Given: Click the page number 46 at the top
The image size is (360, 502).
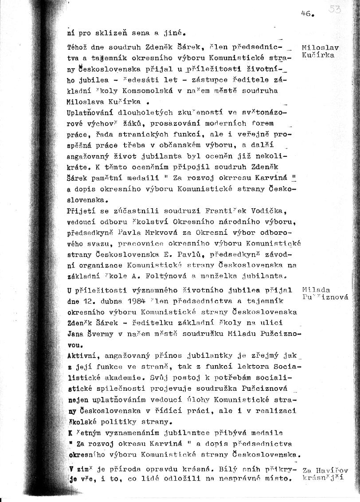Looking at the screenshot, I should click(x=306, y=13).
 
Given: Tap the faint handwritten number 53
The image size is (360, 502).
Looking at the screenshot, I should click(x=335, y=10).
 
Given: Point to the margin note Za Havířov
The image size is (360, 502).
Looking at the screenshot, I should click(x=325, y=470).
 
